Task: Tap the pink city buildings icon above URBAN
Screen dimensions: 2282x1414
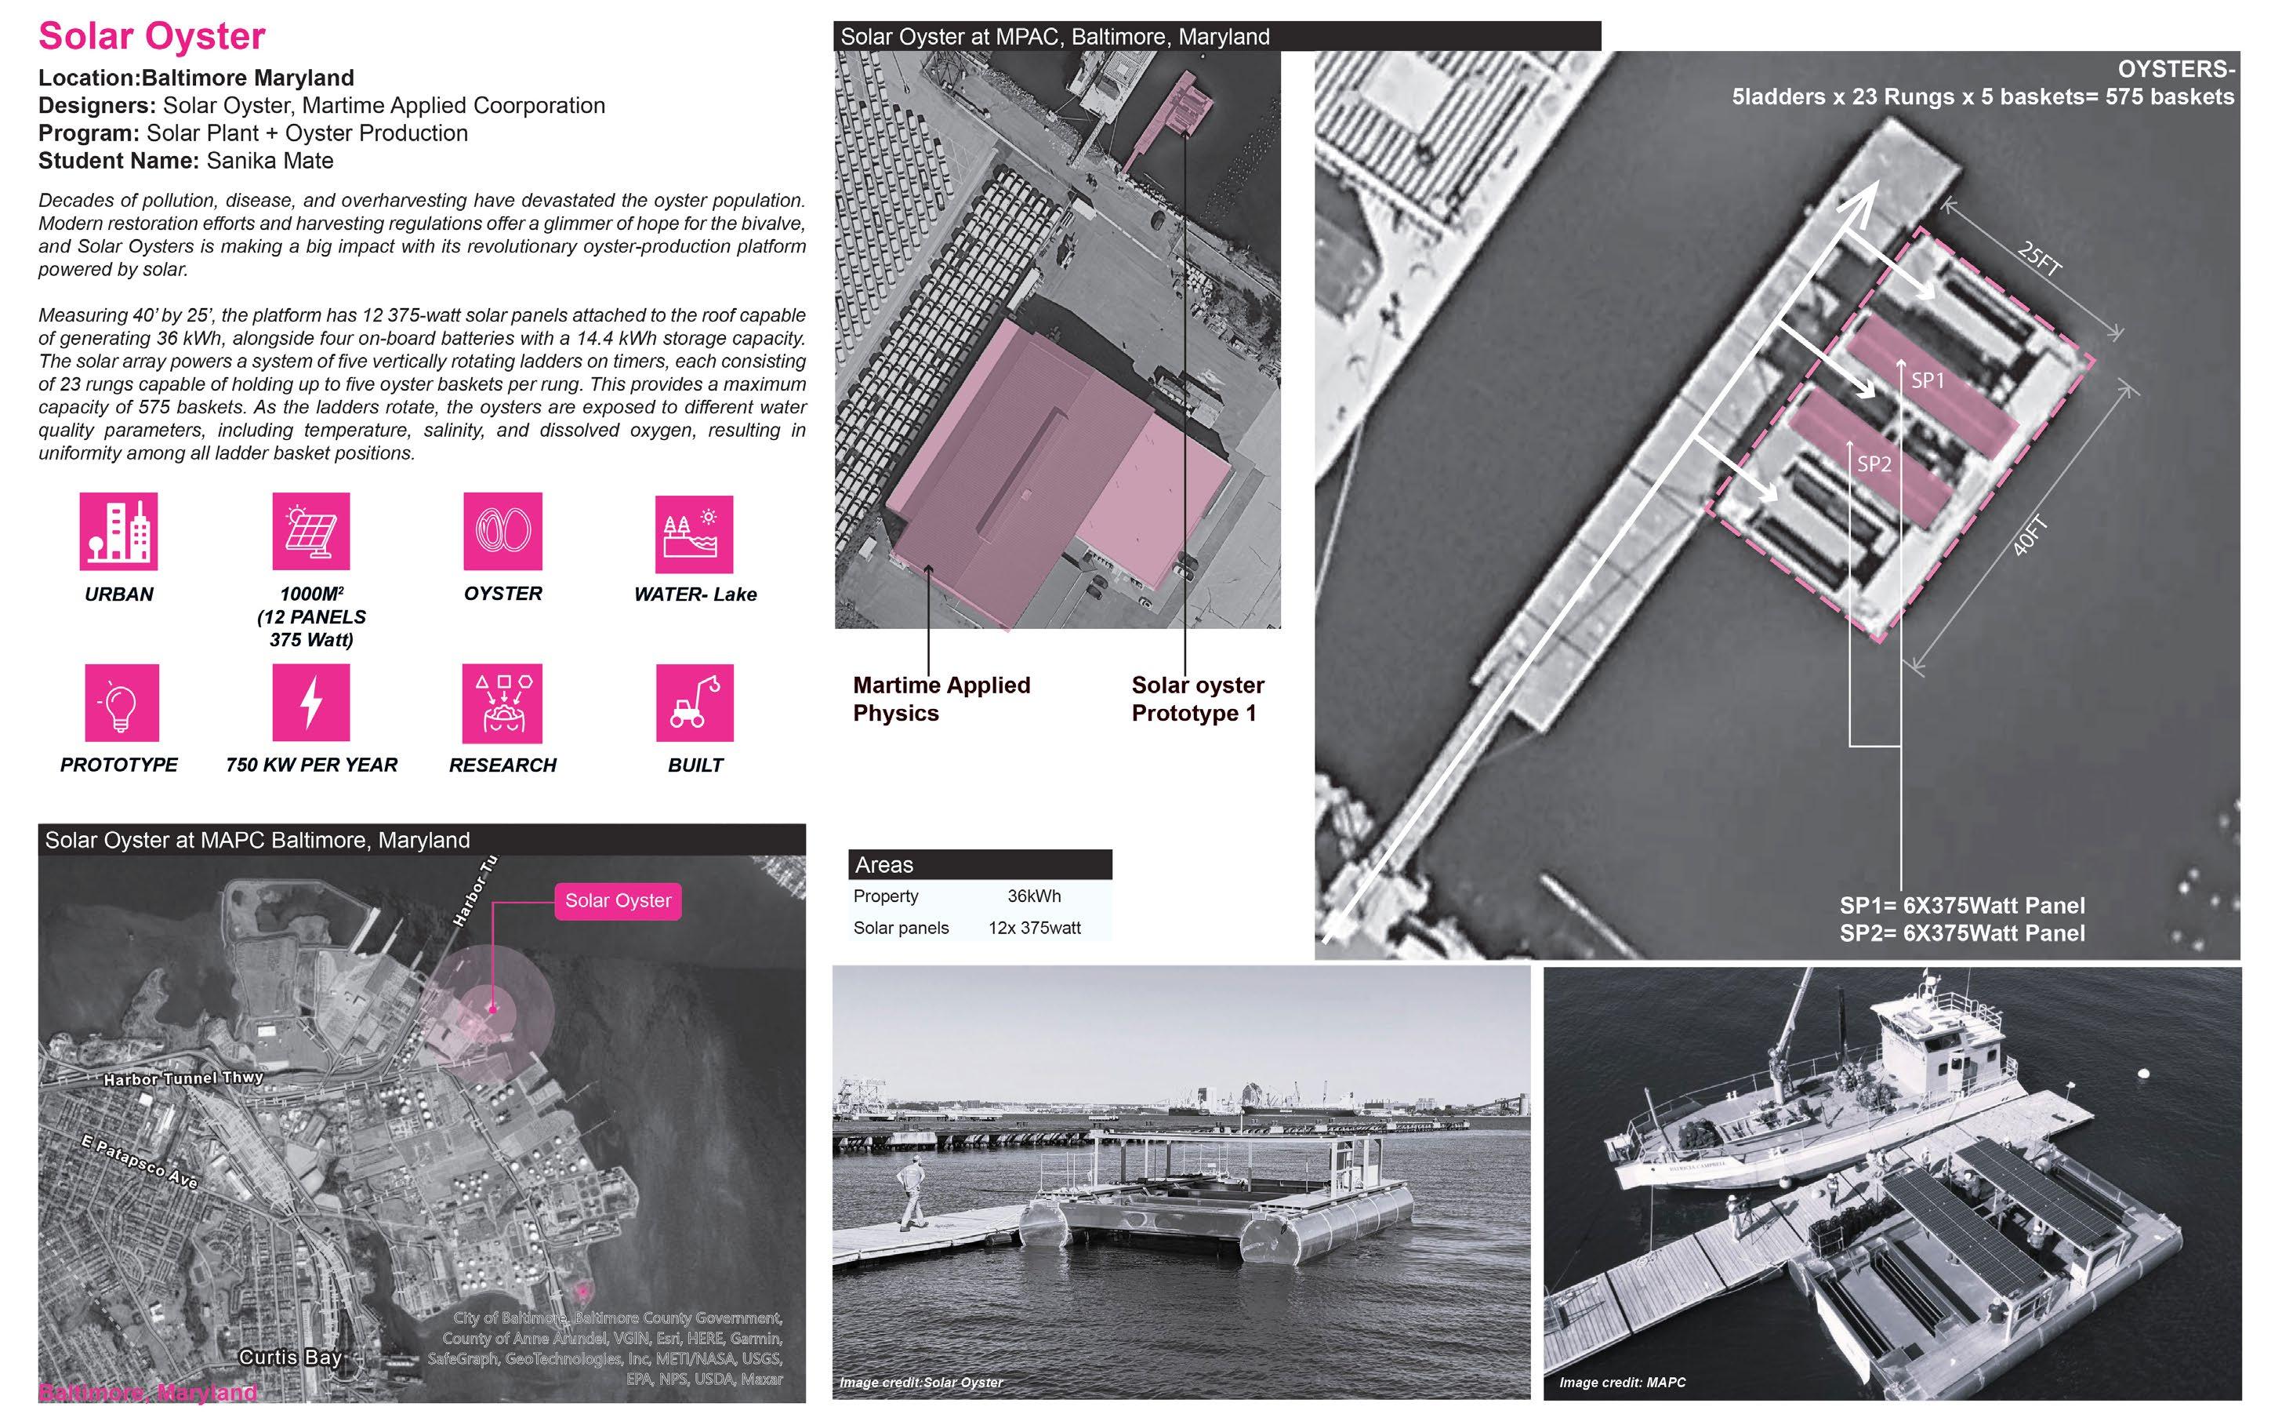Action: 118,531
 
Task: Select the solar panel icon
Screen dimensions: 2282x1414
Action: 310,531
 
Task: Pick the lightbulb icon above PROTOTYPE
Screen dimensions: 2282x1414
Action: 122,703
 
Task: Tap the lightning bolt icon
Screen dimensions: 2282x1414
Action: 310,703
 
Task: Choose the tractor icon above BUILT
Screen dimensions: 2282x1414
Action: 695,703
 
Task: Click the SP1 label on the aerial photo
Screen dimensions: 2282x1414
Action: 1927,380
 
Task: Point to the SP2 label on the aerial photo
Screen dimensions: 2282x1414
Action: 1874,463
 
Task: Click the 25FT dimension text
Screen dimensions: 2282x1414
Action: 2039,259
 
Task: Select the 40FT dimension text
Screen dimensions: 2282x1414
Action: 2030,536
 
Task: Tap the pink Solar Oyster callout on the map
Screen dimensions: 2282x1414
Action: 618,900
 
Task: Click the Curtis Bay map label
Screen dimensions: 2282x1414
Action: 290,1356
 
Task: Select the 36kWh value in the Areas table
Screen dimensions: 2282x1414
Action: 1034,896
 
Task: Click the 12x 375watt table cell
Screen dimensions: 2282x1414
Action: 1034,928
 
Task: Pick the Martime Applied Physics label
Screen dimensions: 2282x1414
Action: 941,699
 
